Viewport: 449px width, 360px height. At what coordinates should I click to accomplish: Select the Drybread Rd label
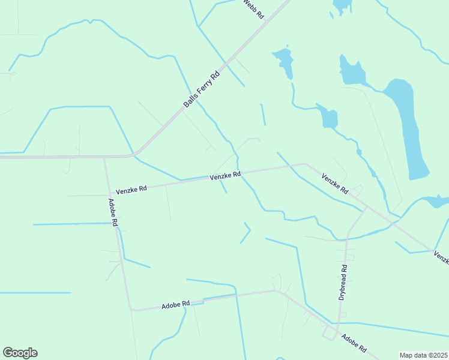[x=343, y=282]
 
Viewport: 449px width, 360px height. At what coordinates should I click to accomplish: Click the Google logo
[x=20, y=353]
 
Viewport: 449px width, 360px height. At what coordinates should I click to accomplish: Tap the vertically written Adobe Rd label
[x=113, y=212]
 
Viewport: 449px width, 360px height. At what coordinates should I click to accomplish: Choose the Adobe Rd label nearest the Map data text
[x=354, y=343]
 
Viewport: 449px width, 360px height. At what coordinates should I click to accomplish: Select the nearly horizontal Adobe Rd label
[x=175, y=305]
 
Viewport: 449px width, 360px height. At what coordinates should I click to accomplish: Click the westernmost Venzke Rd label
[x=131, y=189]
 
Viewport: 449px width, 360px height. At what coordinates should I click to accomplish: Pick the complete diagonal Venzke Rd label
[x=335, y=184]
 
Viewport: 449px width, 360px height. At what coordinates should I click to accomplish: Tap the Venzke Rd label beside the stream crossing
[x=225, y=175]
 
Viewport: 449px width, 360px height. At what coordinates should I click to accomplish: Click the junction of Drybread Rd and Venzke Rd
[x=366, y=208]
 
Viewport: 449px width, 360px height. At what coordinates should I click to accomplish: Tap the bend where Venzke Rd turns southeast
[x=305, y=164]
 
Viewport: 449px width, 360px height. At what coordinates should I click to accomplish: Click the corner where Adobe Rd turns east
[x=131, y=310]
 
